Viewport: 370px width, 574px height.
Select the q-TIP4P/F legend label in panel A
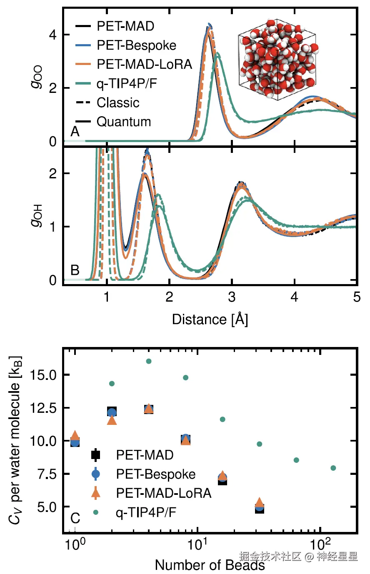[127, 84]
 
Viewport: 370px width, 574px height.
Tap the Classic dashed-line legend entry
[118, 103]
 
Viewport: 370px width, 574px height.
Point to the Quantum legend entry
[123, 122]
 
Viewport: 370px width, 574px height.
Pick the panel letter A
[75, 132]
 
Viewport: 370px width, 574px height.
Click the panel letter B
[75, 270]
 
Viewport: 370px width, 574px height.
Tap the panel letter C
[75, 518]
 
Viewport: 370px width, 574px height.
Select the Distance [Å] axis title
[210, 320]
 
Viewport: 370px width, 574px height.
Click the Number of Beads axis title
[210, 565]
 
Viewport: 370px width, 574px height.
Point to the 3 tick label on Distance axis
[232, 297]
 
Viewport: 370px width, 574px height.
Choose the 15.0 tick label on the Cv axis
[43, 375]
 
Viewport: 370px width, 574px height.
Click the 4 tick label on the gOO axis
[52, 35]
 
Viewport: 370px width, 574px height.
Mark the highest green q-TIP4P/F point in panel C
[149, 361]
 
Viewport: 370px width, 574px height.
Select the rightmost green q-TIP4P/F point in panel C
[333, 468]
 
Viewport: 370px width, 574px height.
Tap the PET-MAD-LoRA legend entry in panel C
[163, 493]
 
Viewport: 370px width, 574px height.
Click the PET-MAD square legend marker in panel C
[96, 455]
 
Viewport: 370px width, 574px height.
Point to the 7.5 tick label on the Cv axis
[46, 474]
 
